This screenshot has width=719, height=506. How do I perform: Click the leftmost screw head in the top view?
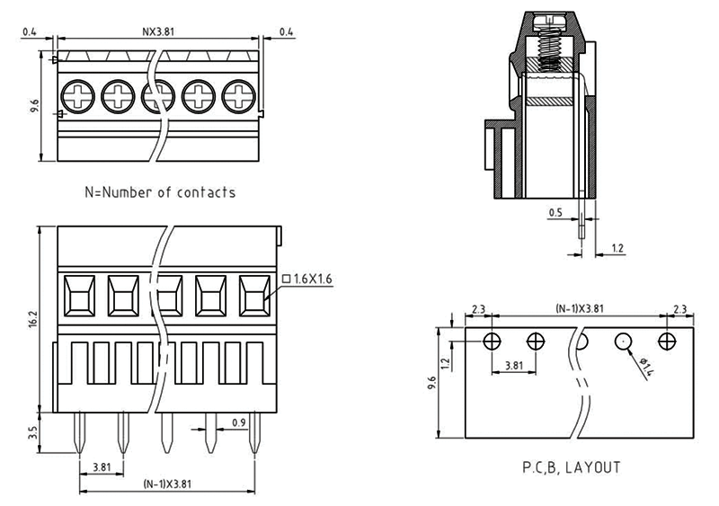(75, 94)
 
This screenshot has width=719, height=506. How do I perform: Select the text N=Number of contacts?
(160, 191)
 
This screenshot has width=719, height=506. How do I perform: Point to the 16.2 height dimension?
(33, 319)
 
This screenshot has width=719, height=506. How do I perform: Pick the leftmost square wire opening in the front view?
(78, 294)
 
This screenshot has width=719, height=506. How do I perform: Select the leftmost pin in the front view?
(78, 431)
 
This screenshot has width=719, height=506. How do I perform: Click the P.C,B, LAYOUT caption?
(572, 468)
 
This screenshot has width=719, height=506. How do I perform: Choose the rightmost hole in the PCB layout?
(667, 342)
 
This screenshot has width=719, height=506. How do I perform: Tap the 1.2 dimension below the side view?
(617, 247)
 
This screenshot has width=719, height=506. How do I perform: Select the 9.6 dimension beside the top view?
(33, 106)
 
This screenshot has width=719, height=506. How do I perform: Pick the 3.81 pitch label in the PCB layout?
(514, 366)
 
